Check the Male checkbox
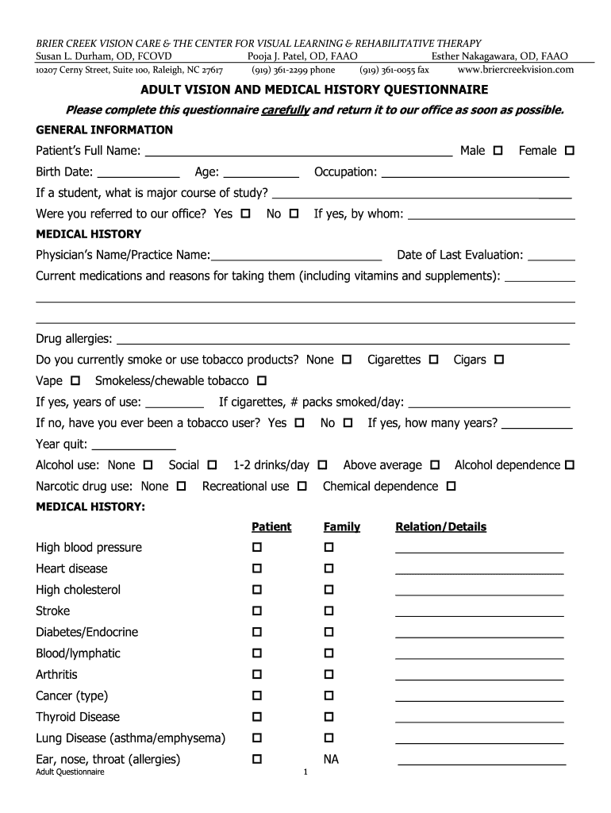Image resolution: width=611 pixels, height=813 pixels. click(x=498, y=151)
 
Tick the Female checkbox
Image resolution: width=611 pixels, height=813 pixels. click(x=570, y=151)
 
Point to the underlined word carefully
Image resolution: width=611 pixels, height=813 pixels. click(x=285, y=110)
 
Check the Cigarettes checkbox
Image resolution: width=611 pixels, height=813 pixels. click(x=433, y=360)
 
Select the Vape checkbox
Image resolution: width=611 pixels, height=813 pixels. click(x=76, y=381)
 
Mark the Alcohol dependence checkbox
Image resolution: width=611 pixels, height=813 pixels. click(x=569, y=465)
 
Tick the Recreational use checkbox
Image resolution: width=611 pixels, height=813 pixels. click(x=302, y=486)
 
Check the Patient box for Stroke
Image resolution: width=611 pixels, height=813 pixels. click(x=257, y=611)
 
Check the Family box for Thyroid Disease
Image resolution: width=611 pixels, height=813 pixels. click(x=329, y=717)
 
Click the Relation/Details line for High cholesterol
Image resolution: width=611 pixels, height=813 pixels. click(x=479, y=593)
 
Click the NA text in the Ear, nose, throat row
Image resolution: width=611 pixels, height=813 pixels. click(x=331, y=760)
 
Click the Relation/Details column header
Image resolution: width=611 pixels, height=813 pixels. click(x=440, y=527)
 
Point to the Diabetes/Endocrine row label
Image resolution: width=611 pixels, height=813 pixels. click(x=87, y=632)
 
